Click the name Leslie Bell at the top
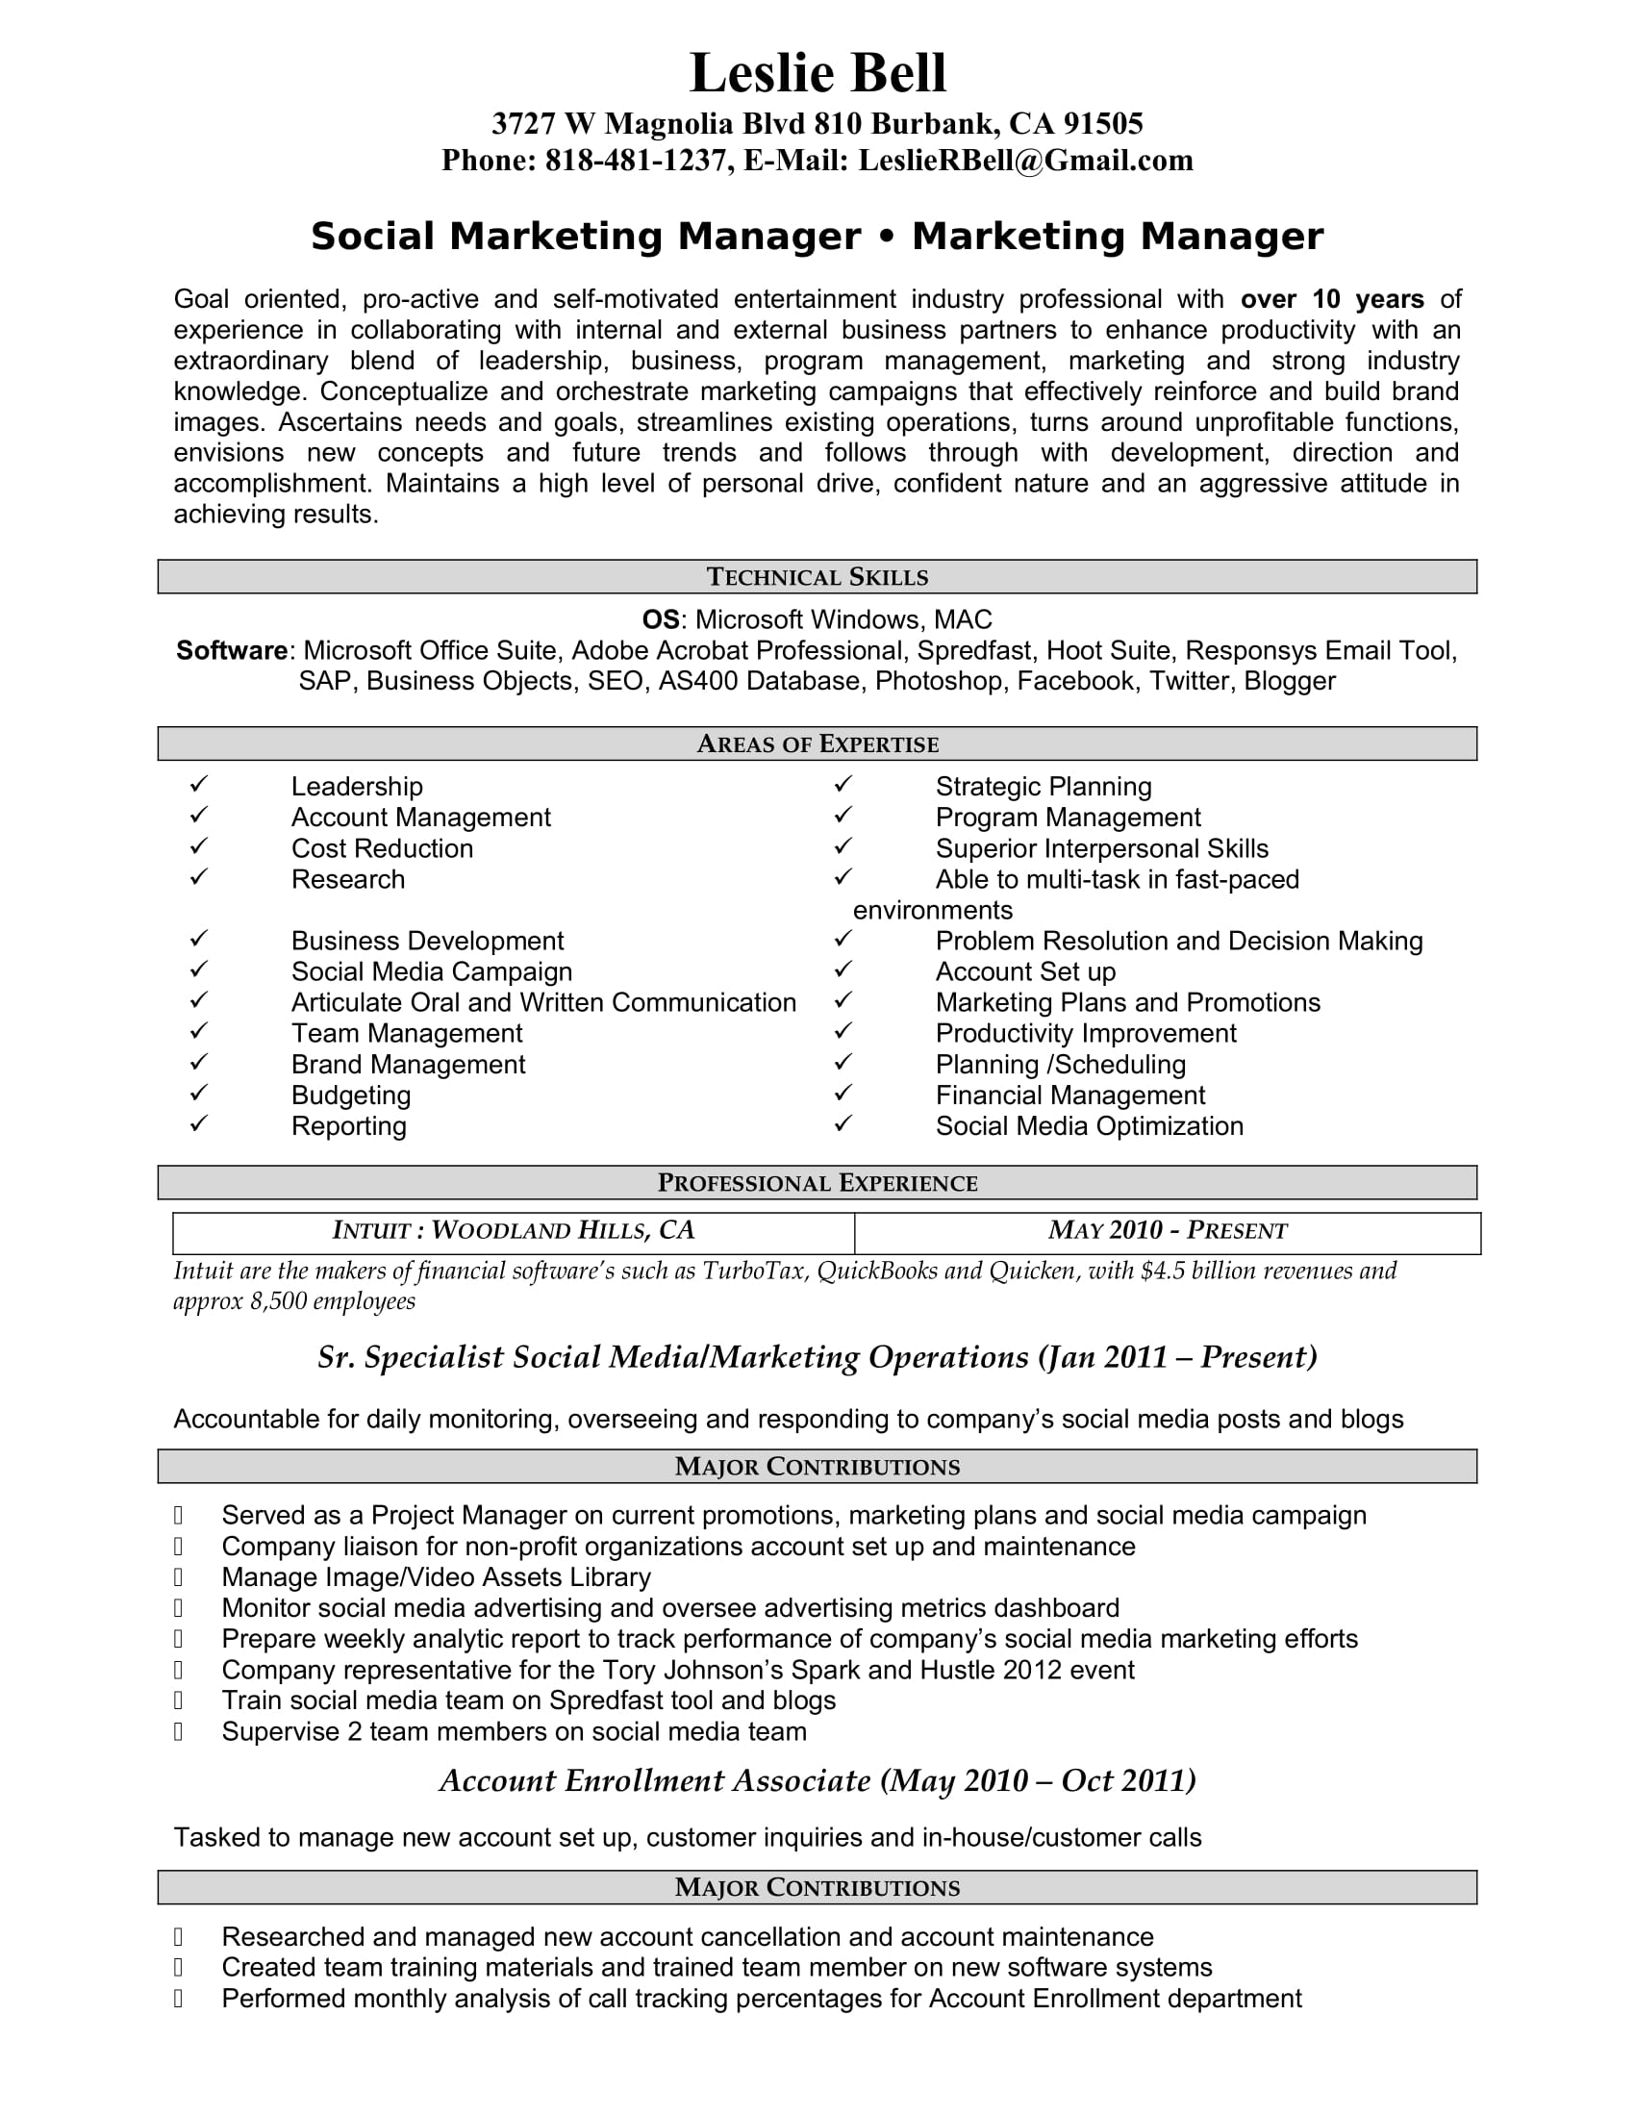click(x=817, y=73)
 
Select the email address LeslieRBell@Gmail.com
click(x=1025, y=160)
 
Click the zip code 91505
click(x=1103, y=123)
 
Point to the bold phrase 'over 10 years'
click(x=1332, y=299)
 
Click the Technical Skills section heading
click(x=817, y=576)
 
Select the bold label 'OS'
click(x=662, y=619)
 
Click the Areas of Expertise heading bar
click(x=817, y=743)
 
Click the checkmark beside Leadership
click(x=198, y=784)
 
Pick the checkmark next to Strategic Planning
click(x=843, y=784)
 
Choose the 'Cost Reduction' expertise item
click(x=383, y=848)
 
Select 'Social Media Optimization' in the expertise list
click(x=1089, y=1126)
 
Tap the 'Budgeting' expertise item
click(x=351, y=1095)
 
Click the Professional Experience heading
click(x=817, y=1182)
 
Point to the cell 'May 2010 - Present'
click(x=1168, y=1230)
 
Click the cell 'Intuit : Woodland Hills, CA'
click(x=514, y=1230)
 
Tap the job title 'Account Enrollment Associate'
click(x=655, y=1780)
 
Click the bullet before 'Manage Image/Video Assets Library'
click(x=178, y=1577)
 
